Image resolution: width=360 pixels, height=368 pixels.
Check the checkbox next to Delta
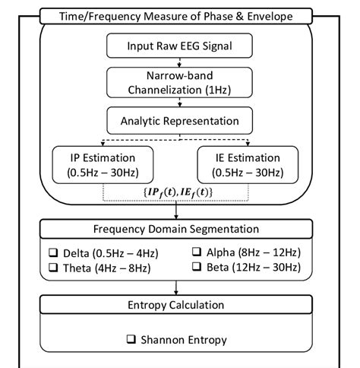[x=54, y=252]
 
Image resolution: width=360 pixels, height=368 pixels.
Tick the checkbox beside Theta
[x=54, y=268]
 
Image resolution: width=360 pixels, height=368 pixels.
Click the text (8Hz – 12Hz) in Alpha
[x=270, y=252]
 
